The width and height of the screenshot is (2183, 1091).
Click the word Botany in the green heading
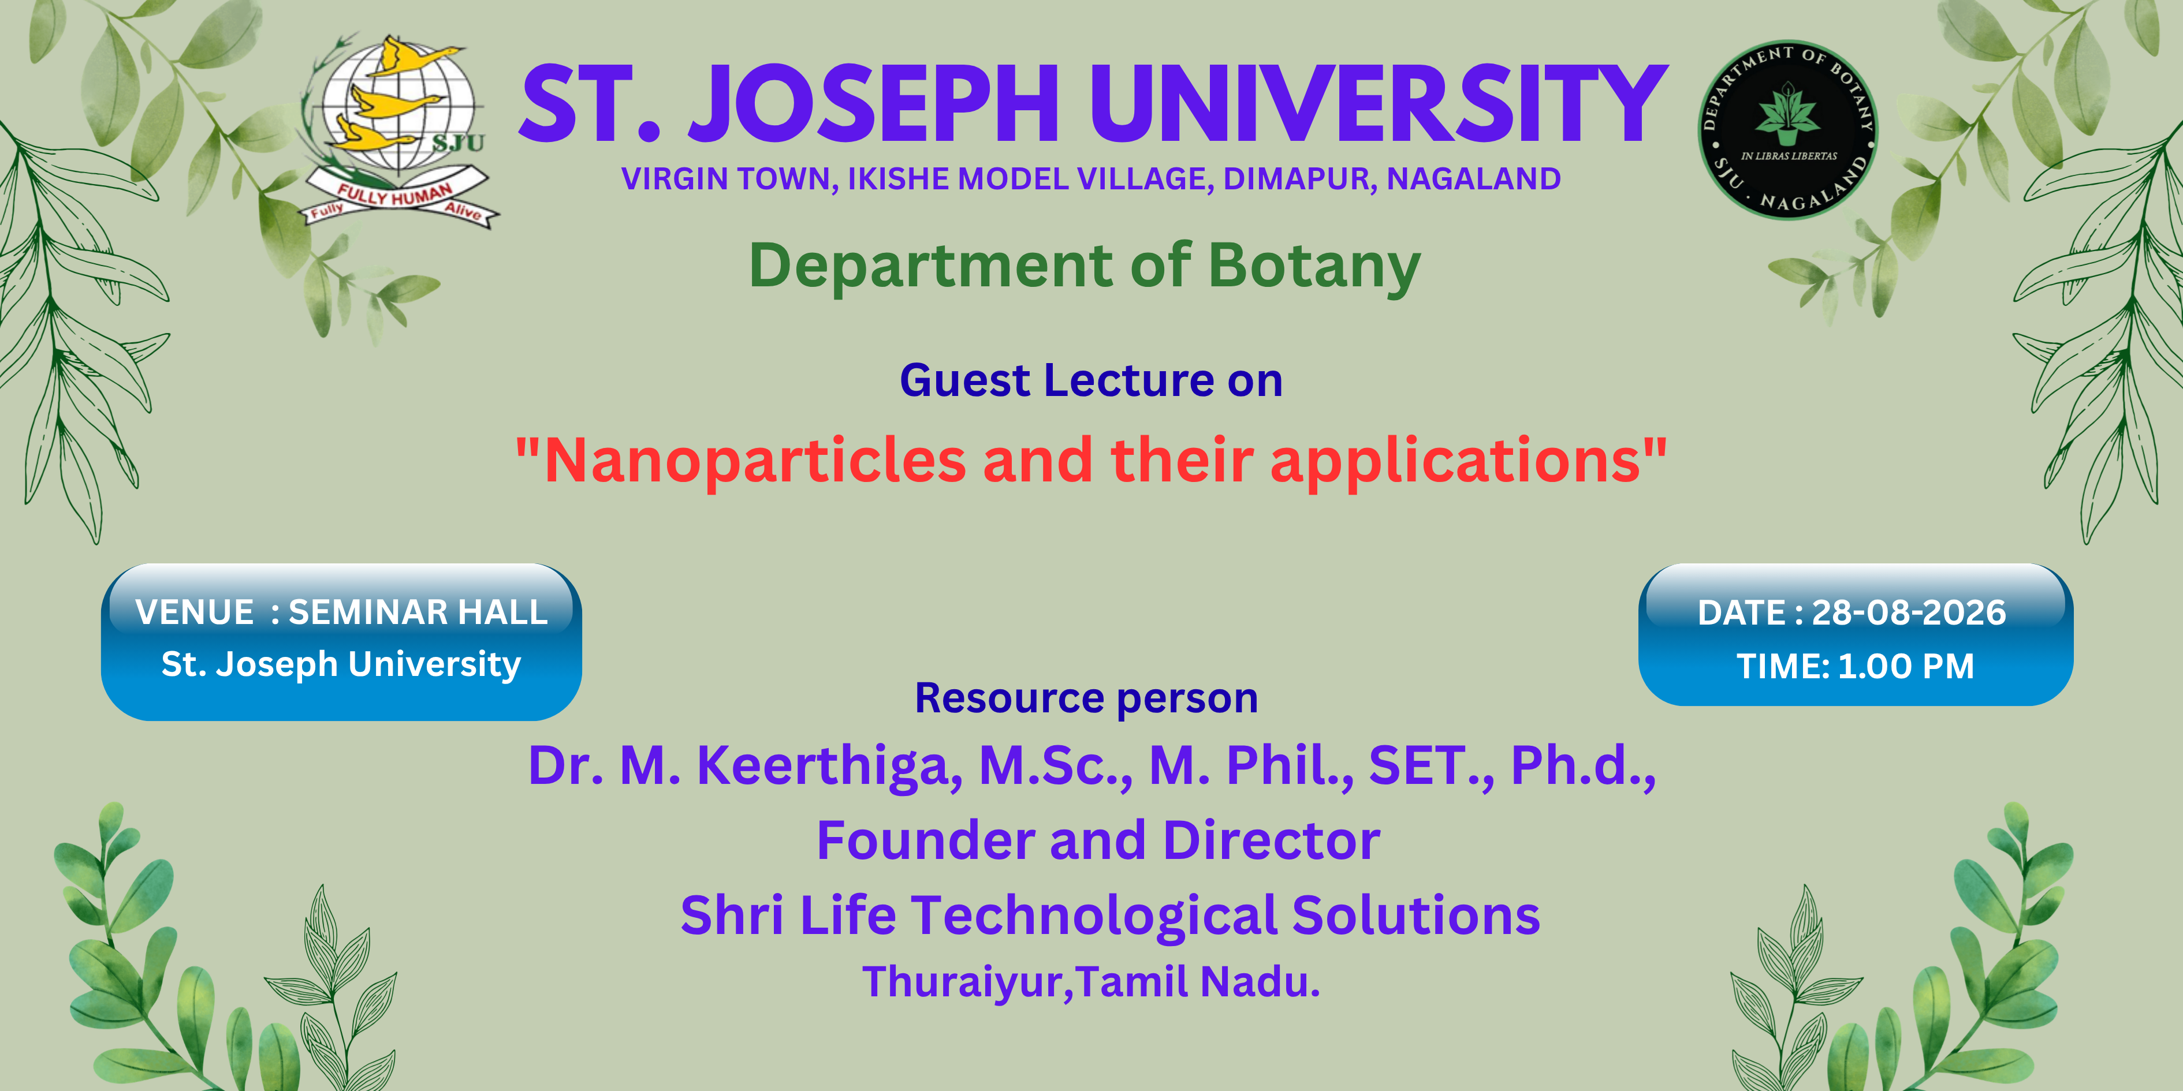coord(1314,267)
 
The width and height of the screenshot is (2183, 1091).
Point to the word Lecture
coord(1128,380)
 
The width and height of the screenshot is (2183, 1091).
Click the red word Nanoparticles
coord(755,462)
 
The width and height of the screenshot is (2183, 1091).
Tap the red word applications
coord(1455,462)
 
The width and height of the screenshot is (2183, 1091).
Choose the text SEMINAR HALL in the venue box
coord(418,611)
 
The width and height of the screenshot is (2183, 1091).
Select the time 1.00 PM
coord(1906,666)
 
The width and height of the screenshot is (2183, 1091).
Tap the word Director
coord(1271,840)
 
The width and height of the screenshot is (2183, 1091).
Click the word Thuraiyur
coord(967,982)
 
